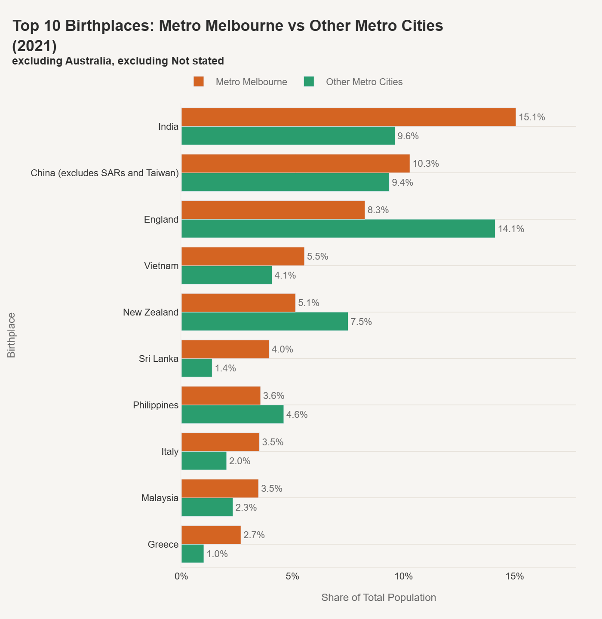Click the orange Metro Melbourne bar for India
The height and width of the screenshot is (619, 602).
(x=348, y=117)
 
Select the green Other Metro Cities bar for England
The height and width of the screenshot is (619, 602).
(x=338, y=229)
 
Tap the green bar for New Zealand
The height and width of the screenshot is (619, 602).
(x=264, y=322)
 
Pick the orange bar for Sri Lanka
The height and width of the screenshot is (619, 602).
(x=225, y=349)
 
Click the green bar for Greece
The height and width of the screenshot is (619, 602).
(x=193, y=554)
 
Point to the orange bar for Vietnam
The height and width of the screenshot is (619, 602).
(x=243, y=256)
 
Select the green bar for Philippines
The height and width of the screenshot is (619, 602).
(x=232, y=414)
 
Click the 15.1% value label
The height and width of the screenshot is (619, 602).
(x=532, y=117)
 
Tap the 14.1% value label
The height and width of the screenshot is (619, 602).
(x=511, y=229)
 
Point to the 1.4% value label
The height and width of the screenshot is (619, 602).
(x=225, y=368)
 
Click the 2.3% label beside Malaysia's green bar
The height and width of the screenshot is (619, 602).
(x=246, y=508)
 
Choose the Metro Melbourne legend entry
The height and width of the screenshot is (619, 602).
(x=251, y=82)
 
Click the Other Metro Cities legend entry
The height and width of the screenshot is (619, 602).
(x=364, y=82)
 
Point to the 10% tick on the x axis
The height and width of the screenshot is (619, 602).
(x=403, y=576)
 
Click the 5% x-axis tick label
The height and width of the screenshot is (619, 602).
(x=292, y=576)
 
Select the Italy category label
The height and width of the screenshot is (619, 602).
(x=170, y=452)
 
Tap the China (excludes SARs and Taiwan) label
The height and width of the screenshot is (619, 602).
(x=104, y=173)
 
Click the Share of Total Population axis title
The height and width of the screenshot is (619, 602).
(x=378, y=598)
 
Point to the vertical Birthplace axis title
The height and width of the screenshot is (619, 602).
(x=12, y=335)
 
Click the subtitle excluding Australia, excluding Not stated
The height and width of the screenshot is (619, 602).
(x=118, y=61)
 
